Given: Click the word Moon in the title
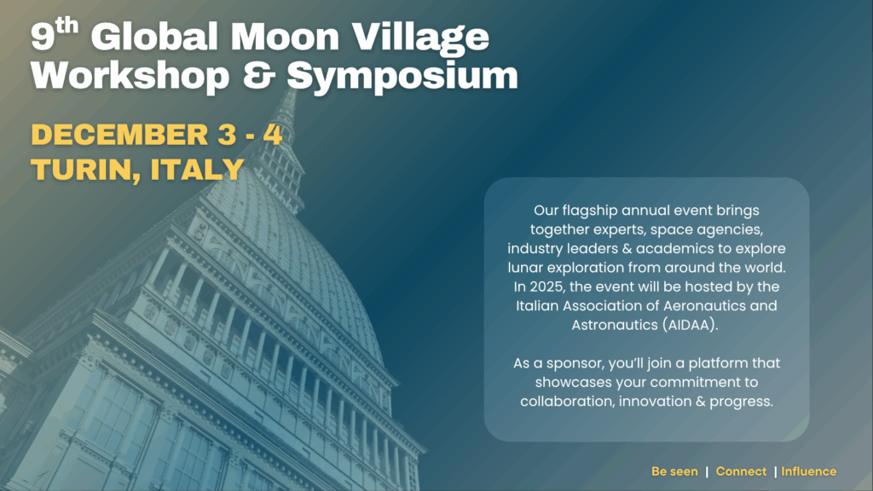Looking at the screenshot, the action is coord(285,38).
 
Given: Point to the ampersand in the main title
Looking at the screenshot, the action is coord(259,75).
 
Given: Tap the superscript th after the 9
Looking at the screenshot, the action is coord(66,26).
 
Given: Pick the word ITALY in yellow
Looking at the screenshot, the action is coord(198,170).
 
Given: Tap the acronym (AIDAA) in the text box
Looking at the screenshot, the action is coord(690,325).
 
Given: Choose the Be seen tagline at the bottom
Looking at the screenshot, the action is coord(674,471).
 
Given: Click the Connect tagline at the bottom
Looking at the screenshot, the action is coord(741,471).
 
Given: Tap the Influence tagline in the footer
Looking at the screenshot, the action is coord(808,471).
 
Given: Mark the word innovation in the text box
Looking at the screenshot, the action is coord(656,401).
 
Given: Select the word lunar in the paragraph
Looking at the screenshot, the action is coord(525,268).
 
